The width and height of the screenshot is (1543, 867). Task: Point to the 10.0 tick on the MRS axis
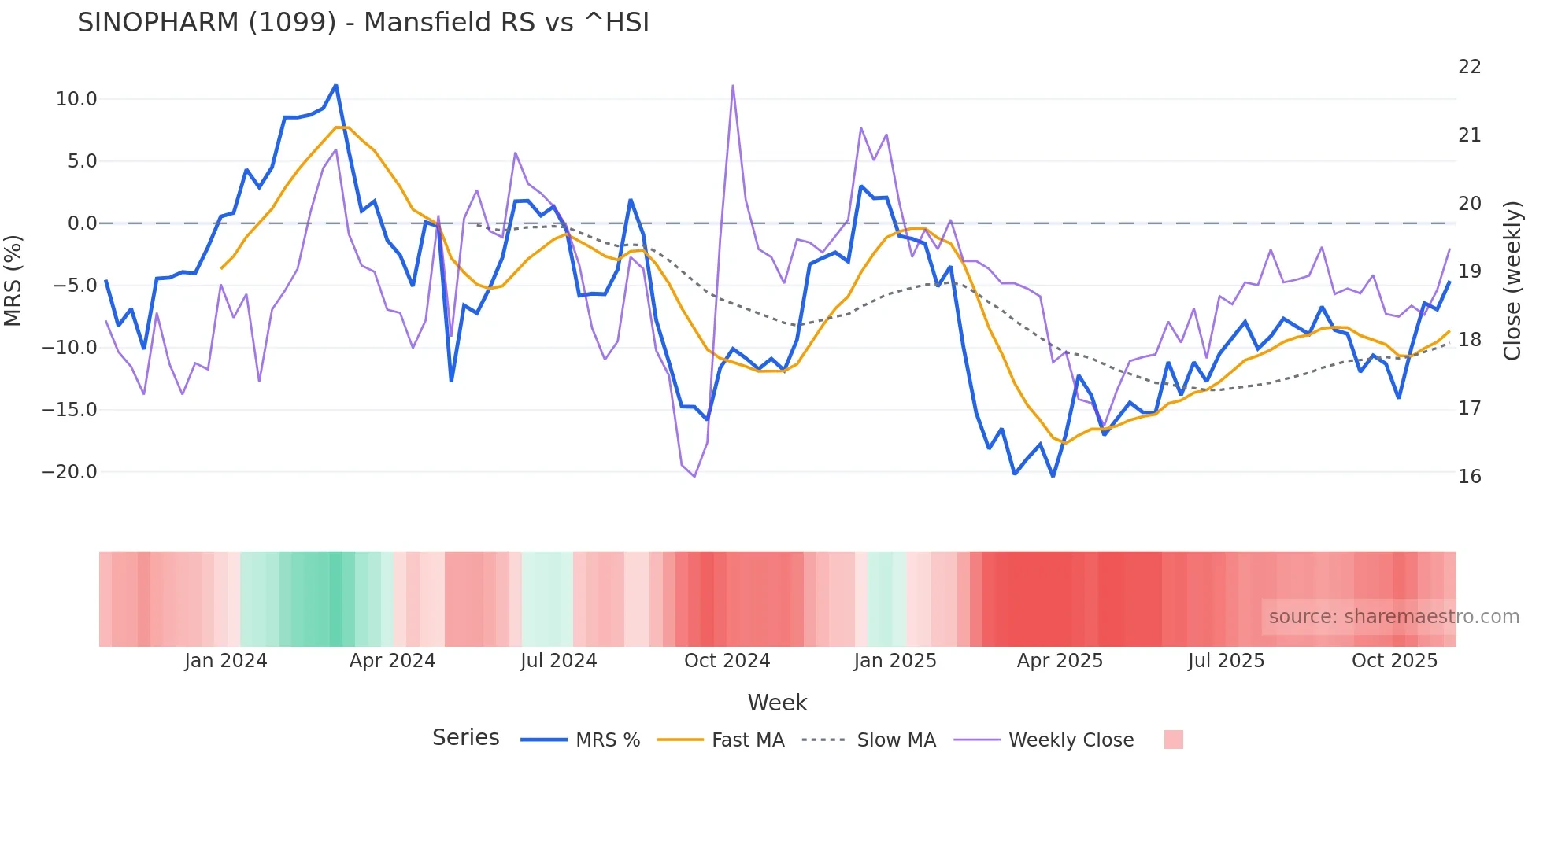[76, 99]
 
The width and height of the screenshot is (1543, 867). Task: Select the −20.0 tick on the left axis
[69, 472]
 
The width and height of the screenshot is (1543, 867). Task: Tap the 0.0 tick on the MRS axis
[82, 223]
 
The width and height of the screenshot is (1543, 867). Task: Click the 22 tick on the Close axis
[1469, 67]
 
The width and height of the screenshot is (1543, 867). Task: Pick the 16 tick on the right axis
[1469, 477]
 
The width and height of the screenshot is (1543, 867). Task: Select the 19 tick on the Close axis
[1469, 271]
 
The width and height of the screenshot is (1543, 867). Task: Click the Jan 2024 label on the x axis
[226, 661]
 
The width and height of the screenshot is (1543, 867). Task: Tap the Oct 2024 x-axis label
[727, 661]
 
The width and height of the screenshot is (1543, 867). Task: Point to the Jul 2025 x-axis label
[1226, 661]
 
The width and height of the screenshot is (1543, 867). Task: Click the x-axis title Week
[777, 703]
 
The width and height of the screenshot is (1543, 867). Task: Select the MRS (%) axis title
[13, 281]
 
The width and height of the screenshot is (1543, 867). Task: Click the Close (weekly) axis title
[1512, 281]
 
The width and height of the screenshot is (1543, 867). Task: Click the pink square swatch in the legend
[1173, 740]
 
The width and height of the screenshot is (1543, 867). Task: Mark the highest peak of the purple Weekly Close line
[733, 86]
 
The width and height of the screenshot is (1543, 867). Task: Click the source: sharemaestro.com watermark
[1393, 617]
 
